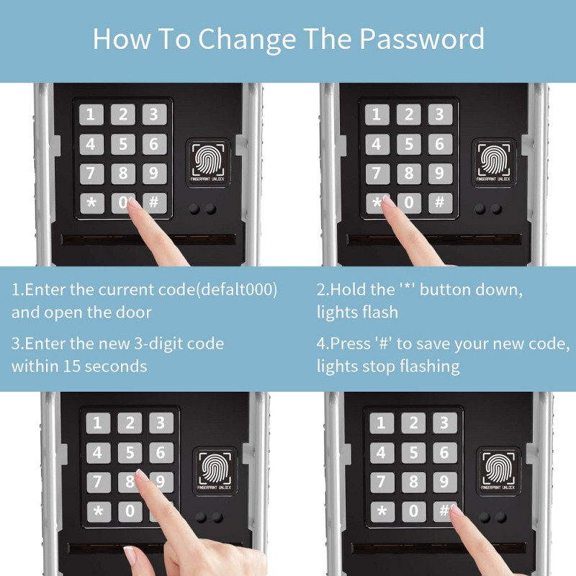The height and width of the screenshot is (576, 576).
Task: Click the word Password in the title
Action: click(x=422, y=39)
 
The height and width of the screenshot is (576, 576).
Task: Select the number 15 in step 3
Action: click(x=71, y=366)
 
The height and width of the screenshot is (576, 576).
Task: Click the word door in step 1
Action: click(x=134, y=312)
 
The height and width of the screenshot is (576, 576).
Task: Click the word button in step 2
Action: click(x=445, y=290)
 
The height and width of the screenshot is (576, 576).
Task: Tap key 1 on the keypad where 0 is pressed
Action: click(x=91, y=114)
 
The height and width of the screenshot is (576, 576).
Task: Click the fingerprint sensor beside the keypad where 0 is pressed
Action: click(x=208, y=163)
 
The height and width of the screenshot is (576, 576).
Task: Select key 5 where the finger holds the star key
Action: click(x=408, y=143)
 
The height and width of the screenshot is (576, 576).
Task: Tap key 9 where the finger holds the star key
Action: click(x=440, y=173)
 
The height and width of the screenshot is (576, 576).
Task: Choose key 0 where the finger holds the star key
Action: click(x=409, y=202)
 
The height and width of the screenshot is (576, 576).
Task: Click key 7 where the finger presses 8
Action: click(x=98, y=482)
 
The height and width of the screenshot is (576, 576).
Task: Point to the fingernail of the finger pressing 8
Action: click(x=142, y=475)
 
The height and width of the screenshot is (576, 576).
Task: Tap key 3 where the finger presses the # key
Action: click(x=444, y=423)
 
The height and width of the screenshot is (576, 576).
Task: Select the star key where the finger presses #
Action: click(x=382, y=511)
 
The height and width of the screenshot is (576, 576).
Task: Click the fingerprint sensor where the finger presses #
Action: click(x=498, y=472)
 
